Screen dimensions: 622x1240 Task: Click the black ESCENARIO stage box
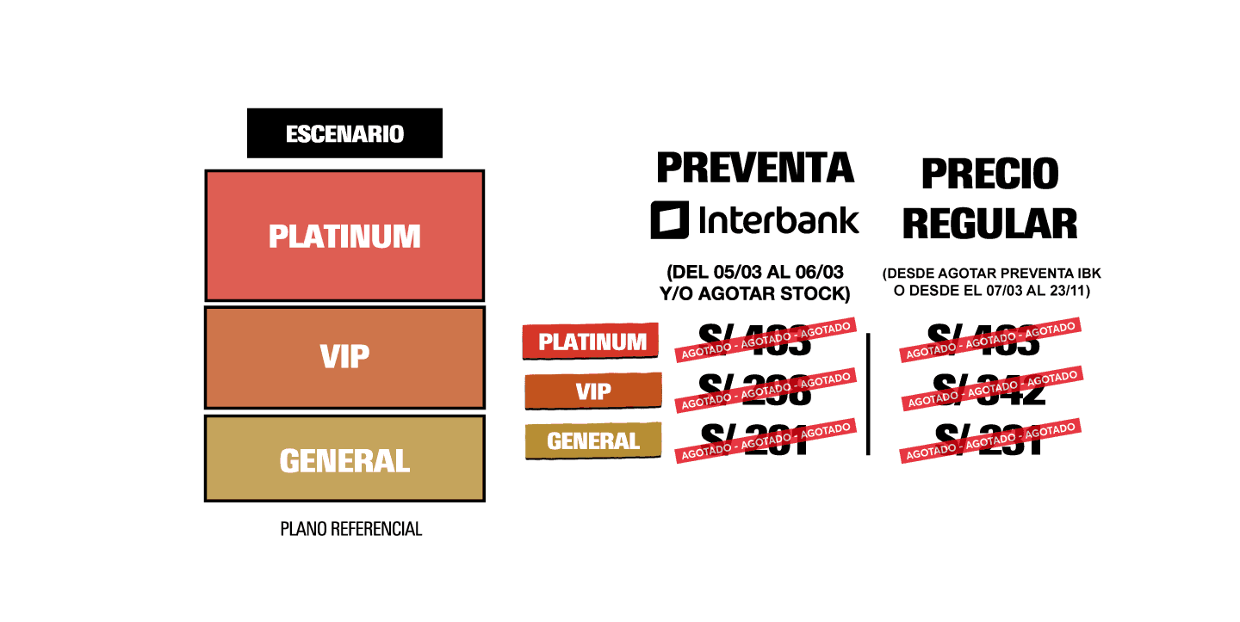click(344, 133)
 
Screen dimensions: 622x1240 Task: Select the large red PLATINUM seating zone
click(344, 236)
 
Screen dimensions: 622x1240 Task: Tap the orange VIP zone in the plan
click(344, 357)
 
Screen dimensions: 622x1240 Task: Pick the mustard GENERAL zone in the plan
click(344, 459)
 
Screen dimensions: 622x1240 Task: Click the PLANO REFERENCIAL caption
click(351, 529)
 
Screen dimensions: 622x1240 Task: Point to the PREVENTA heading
click(755, 167)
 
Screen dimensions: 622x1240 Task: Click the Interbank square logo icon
click(669, 220)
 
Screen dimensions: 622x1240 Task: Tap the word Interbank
click(779, 219)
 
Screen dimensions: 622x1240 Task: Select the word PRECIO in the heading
click(989, 173)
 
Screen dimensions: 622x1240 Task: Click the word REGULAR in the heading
click(989, 223)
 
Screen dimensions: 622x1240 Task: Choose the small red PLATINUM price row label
click(592, 342)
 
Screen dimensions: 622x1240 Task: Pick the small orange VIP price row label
click(592, 391)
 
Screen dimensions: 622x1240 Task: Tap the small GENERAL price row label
click(592, 441)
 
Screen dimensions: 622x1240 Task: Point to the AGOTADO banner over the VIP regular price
click(990, 389)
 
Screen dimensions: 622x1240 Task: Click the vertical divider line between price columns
click(868, 394)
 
